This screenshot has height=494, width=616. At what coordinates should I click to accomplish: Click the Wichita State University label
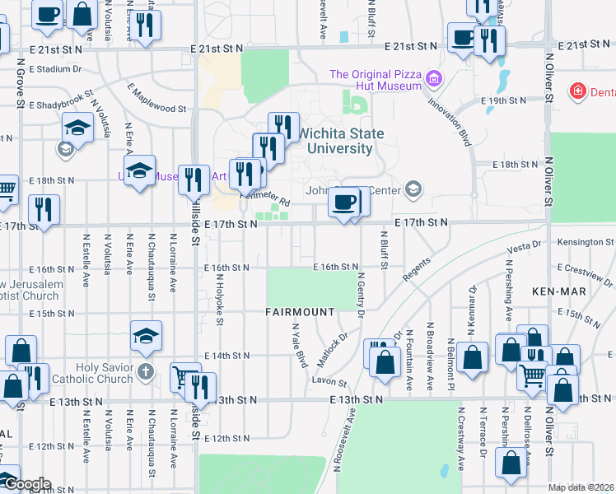334,141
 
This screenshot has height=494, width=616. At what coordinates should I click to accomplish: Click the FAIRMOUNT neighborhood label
300,313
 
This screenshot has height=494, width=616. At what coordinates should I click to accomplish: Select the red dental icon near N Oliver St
579,91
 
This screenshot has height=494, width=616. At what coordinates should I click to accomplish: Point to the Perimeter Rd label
265,198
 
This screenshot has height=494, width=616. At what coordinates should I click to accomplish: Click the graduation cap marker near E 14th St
146,335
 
